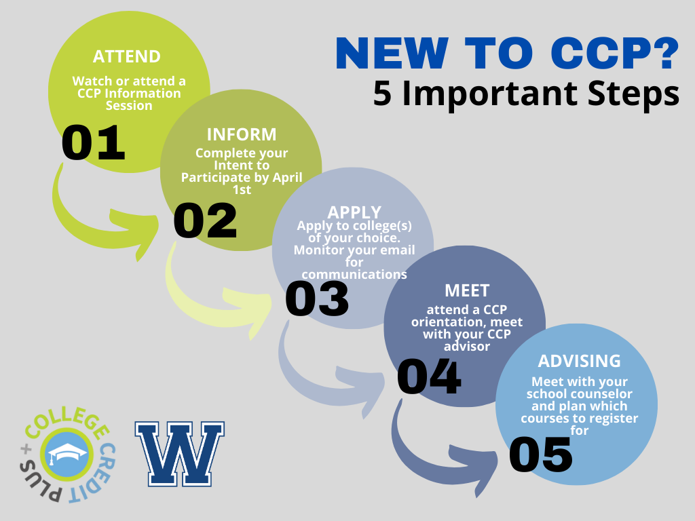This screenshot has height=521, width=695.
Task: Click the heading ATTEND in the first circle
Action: (127, 57)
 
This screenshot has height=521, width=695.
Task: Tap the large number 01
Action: (93, 142)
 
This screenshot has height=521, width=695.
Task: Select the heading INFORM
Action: (242, 134)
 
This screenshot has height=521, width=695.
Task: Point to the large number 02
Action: (205, 220)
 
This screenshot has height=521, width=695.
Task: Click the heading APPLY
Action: (354, 212)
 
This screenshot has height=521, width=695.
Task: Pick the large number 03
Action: (317, 298)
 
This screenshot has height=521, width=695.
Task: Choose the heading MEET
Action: (467, 290)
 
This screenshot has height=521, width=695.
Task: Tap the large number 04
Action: (429, 377)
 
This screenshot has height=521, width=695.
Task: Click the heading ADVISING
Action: (580, 361)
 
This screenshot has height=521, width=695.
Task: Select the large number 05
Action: (541, 455)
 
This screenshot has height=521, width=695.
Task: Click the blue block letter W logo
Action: (179, 454)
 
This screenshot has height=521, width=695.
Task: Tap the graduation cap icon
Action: (67, 453)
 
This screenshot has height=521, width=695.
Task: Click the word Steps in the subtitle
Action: (633, 94)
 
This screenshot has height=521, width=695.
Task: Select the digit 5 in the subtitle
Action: (382, 94)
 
